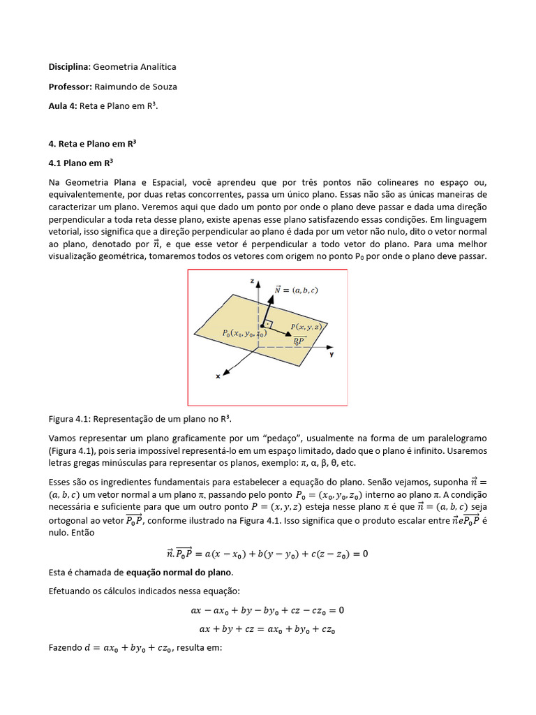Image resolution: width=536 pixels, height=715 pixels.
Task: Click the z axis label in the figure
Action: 251,279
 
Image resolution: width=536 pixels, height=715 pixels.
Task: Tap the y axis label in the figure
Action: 332,355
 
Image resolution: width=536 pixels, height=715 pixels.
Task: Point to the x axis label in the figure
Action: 218,376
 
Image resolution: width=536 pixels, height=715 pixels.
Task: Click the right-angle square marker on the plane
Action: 267,324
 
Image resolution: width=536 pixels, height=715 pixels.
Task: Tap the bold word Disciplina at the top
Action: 69,66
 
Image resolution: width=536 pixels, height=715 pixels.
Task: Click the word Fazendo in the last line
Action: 65,647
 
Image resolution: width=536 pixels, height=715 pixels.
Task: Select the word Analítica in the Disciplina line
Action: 155,66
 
